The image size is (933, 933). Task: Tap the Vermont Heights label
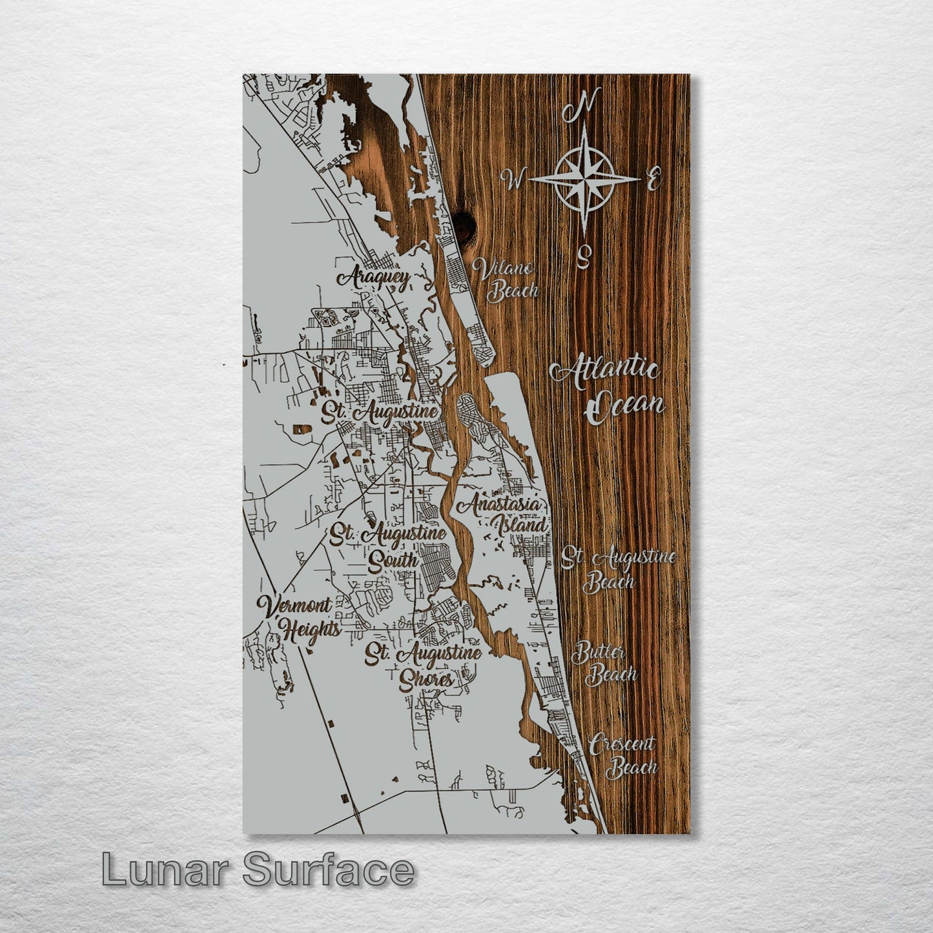tap(298, 617)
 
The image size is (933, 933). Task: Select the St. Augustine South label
tap(389, 546)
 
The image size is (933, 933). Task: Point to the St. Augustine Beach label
tap(617, 569)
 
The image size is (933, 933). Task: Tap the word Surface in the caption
tap(329, 869)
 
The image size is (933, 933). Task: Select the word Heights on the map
tap(311, 630)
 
